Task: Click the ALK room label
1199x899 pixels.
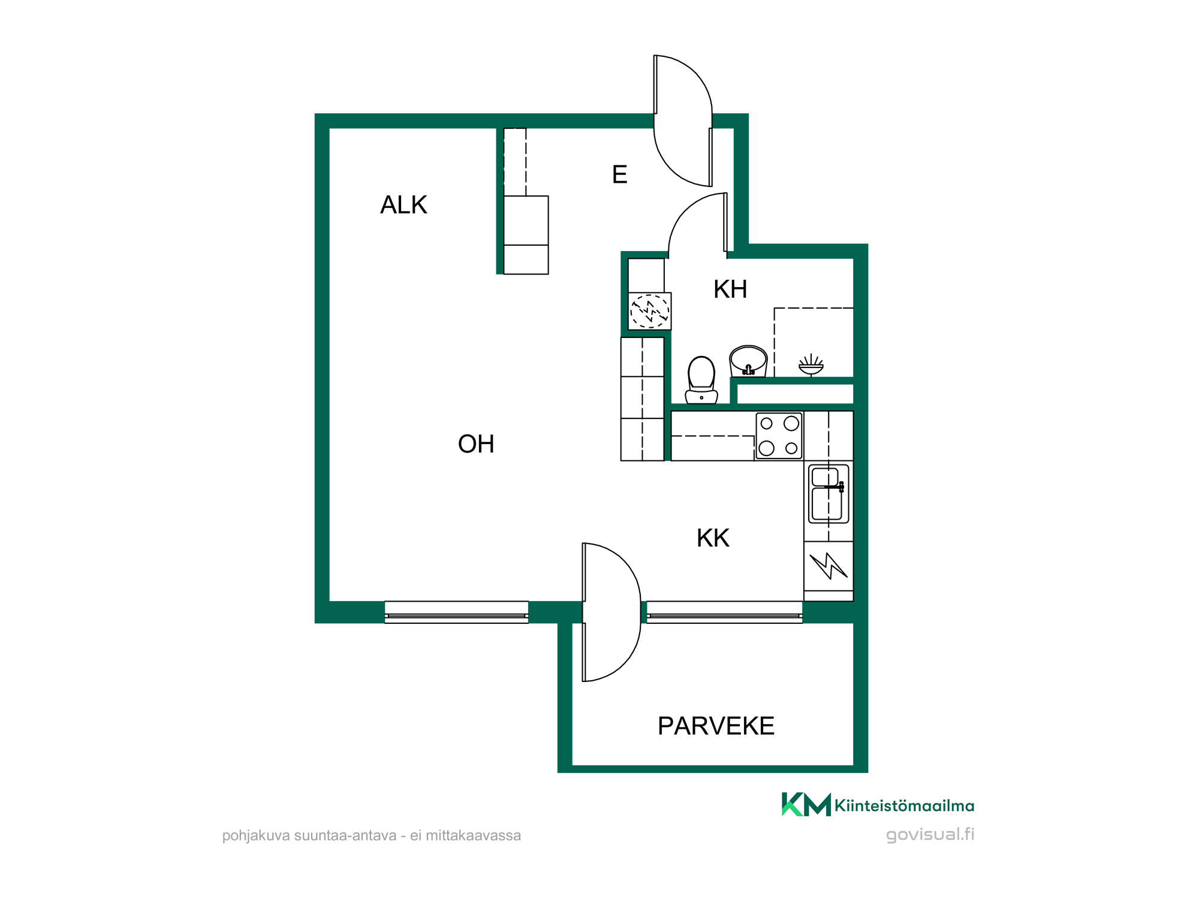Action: [x=403, y=205]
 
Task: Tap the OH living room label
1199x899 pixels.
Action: [x=476, y=444]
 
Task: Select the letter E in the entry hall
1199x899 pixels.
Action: [x=619, y=174]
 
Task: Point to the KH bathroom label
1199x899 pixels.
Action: [x=730, y=289]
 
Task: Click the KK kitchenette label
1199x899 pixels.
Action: [x=713, y=538]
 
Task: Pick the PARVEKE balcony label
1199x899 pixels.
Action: [x=716, y=726]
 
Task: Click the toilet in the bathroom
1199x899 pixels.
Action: [x=701, y=380]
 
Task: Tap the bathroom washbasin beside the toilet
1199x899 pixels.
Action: [x=748, y=361]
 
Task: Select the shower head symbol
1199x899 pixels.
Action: [x=811, y=364]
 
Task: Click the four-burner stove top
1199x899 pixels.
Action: [x=779, y=436]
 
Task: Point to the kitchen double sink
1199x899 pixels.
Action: [x=828, y=494]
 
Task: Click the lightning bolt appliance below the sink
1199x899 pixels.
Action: [x=829, y=566]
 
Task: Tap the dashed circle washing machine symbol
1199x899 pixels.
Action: [x=650, y=311]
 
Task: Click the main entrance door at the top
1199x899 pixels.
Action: [x=683, y=120]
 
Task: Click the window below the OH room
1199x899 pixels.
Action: [x=456, y=613]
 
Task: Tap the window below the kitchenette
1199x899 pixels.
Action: [x=725, y=613]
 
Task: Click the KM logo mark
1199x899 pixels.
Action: [x=806, y=804]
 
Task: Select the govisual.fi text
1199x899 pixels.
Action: [x=930, y=835]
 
